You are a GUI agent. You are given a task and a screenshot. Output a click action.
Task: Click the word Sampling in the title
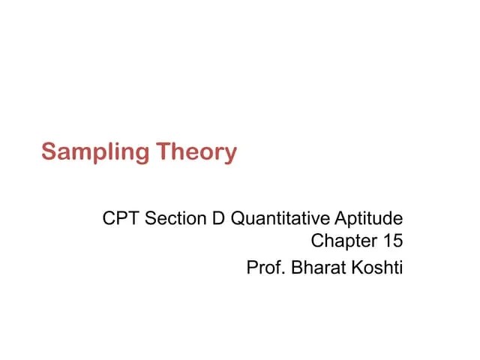95,153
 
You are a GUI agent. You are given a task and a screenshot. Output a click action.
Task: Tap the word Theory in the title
196,153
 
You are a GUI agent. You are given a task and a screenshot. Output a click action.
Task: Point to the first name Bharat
316,267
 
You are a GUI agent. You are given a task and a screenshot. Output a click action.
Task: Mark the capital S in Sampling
49,152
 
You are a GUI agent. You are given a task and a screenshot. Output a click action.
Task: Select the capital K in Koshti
355,267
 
